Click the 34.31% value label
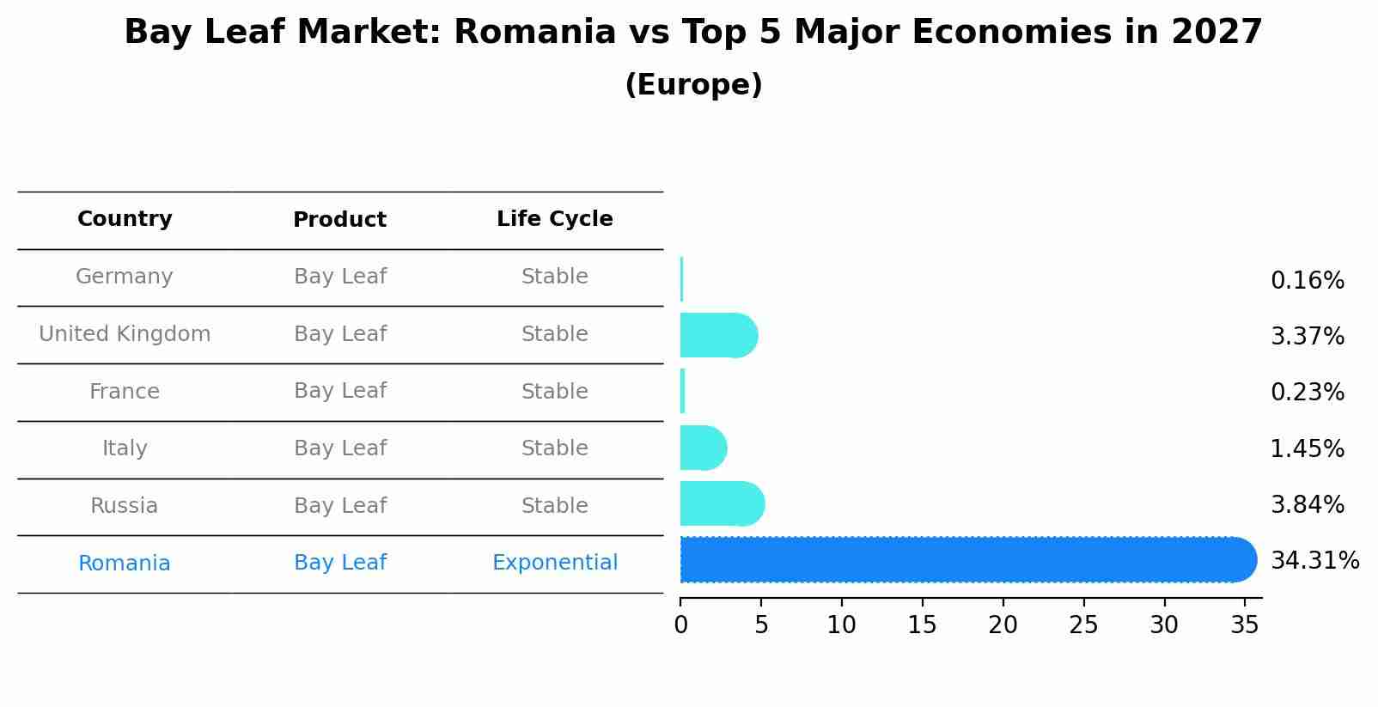[1314, 561]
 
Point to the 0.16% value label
[1307, 281]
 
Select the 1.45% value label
[1307, 448]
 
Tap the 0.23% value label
[1307, 393]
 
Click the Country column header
[125, 219]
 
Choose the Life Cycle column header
[554, 219]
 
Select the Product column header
[339, 220]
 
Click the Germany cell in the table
[125, 277]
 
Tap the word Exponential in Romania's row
[554, 563]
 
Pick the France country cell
[125, 392]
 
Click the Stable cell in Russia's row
[554, 506]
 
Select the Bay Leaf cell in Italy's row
[339, 448]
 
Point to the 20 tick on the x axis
[1003, 625]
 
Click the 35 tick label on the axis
[1245, 625]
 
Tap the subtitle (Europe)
[693, 85]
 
